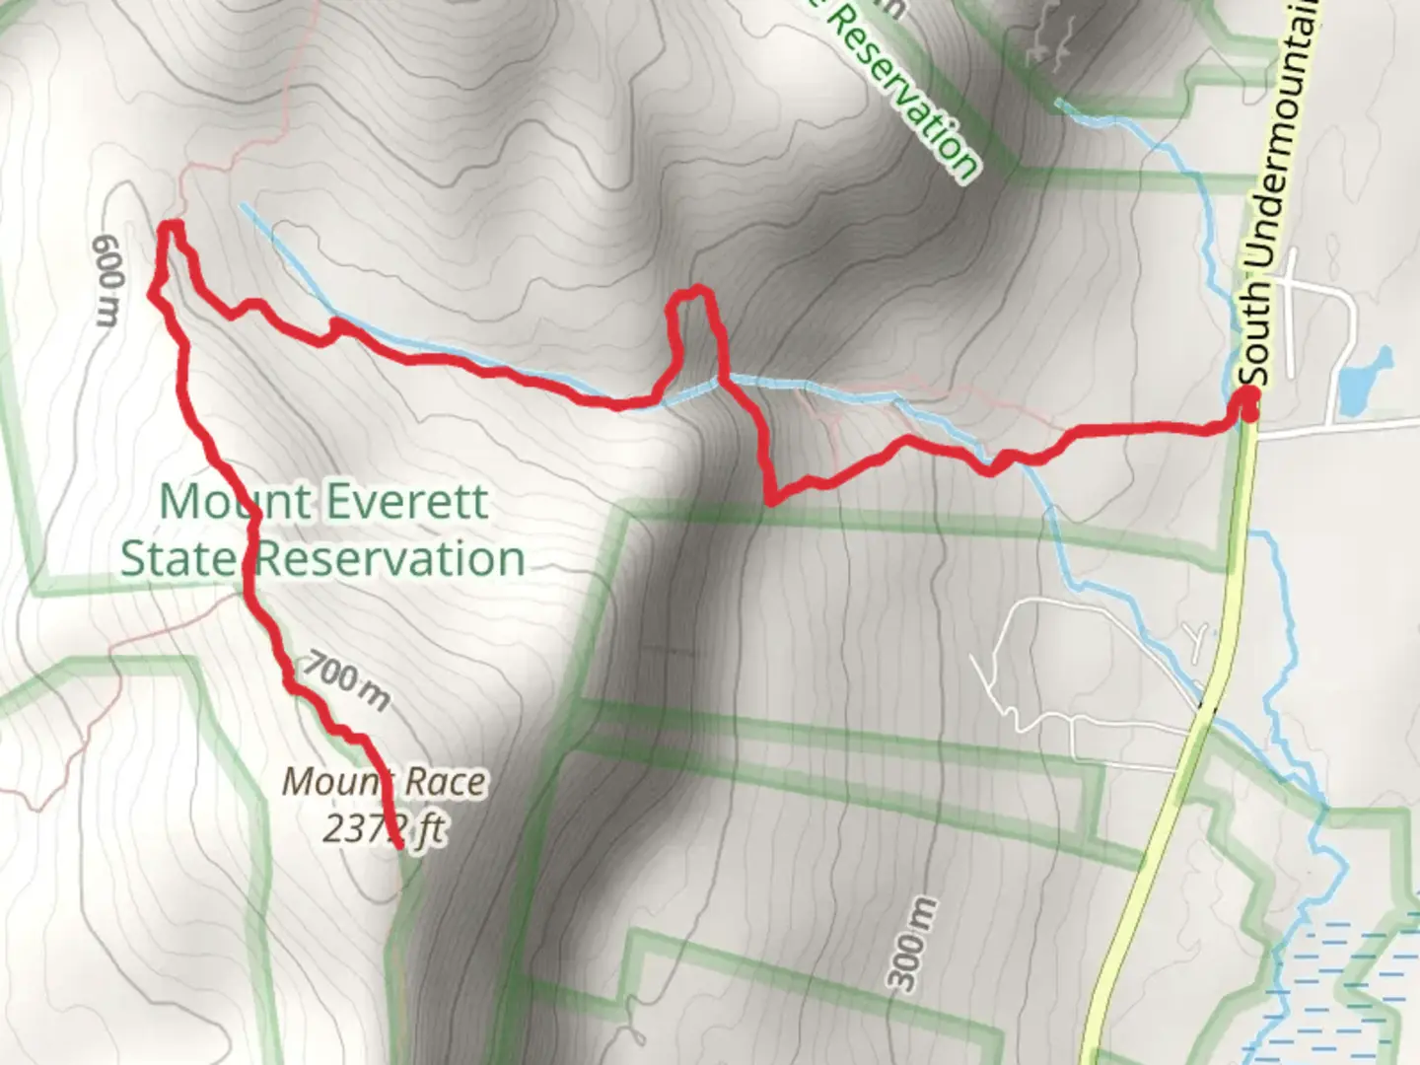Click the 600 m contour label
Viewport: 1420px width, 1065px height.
click(106, 281)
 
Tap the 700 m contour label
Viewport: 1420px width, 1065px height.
click(346, 681)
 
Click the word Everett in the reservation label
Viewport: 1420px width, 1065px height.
click(406, 502)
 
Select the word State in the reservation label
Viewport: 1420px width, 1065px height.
click(177, 559)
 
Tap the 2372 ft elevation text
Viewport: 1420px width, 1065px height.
click(383, 829)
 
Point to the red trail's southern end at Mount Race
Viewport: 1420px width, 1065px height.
click(398, 845)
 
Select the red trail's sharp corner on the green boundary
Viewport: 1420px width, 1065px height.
click(770, 501)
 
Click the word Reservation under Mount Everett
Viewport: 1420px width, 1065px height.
click(390, 559)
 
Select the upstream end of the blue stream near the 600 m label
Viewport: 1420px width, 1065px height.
click(243, 205)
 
